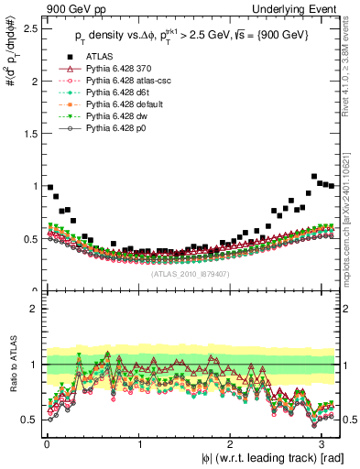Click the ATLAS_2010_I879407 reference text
click(x=191, y=272)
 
